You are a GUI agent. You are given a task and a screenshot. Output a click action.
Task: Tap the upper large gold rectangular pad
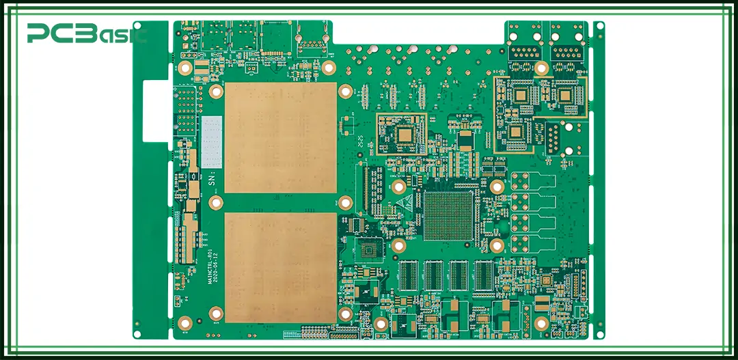pyautogui.click(x=280, y=138)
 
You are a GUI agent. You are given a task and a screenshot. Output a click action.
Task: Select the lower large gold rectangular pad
pyautogui.click(x=280, y=267)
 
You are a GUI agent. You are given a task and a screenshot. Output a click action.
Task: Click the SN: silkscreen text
pyautogui.click(x=212, y=179)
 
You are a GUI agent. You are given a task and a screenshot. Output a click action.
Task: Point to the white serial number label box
pyautogui.click(x=212, y=141)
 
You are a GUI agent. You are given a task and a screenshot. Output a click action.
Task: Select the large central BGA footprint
pyautogui.click(x=448, y=216)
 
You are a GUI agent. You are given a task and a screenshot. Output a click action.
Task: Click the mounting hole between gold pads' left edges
pyautogui.click(x=217, y=202)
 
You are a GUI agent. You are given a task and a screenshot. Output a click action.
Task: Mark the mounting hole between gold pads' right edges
pyautogui.click(x=346, y=202)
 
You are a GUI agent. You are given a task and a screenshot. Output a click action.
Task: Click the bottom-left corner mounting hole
pyautogui.click(x=184, y=323)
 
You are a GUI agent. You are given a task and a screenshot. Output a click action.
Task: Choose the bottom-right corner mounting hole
pyautogui.click(x=541, y=323)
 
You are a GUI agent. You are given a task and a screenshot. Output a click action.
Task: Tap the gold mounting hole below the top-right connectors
pyautogui.click(x=541, y=68)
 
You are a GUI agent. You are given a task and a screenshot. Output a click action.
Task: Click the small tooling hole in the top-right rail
pyautogui.click(x=599, y=27)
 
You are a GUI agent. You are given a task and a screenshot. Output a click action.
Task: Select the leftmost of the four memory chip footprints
pyautogui.click(x=408, y=276)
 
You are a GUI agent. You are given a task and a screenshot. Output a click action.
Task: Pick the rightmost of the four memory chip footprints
pyautogui.click(x=484, y=276)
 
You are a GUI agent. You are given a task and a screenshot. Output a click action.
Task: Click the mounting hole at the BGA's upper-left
pyautogui.click(x=399, y=186)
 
